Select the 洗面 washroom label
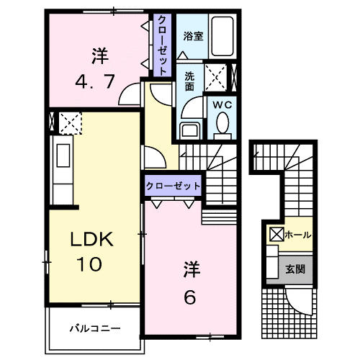click(189, 79)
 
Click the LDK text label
click(91, 240)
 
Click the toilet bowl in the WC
click(221, 127)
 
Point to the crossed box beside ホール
click(276, 235)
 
